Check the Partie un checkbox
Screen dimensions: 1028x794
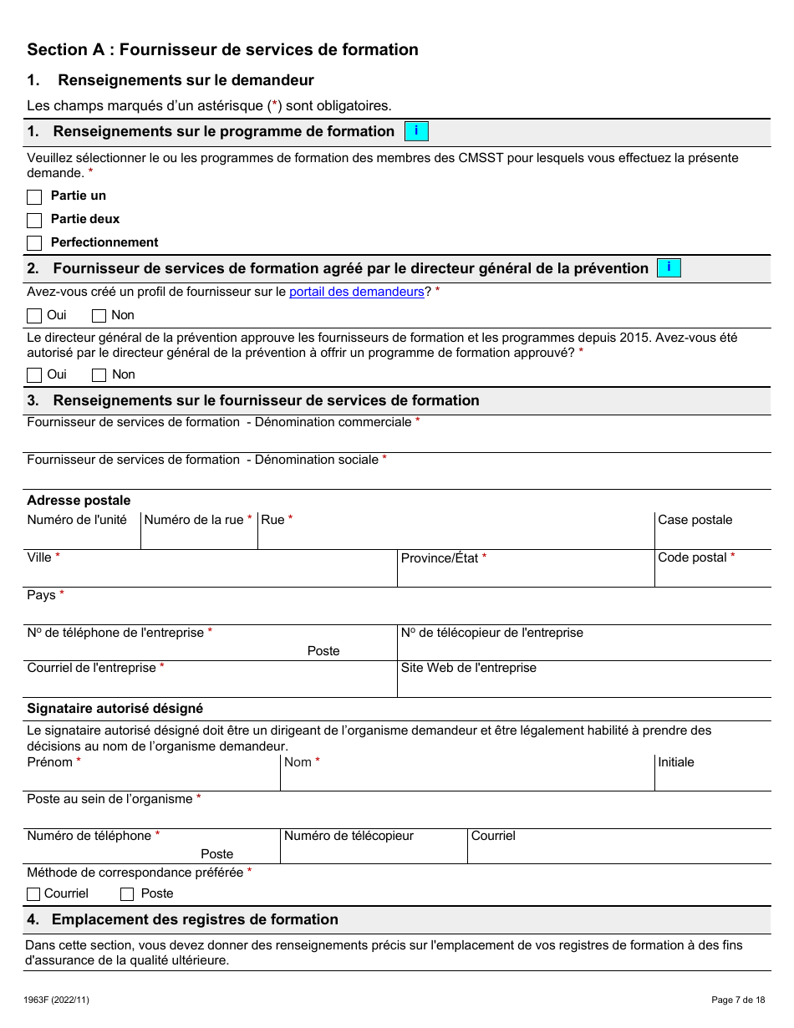tap(34, 197)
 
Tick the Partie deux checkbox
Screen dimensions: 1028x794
tap(34, 221)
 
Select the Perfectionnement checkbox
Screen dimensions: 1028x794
tap(34, 243)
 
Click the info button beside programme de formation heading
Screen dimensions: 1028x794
tap(416, 131)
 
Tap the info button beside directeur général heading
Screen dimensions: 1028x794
tap(669, 268)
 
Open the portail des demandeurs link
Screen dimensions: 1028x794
tap(357, 292)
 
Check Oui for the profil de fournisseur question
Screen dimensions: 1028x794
tap(34, 316)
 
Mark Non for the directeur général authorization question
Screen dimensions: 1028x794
tap(99, 375)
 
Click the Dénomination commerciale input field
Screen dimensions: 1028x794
tap(399, 440)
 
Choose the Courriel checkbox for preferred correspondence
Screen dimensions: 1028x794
tap(34, 894)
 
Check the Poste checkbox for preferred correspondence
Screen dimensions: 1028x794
tap(127, 894)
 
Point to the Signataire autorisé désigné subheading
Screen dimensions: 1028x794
tap(115, 709)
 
